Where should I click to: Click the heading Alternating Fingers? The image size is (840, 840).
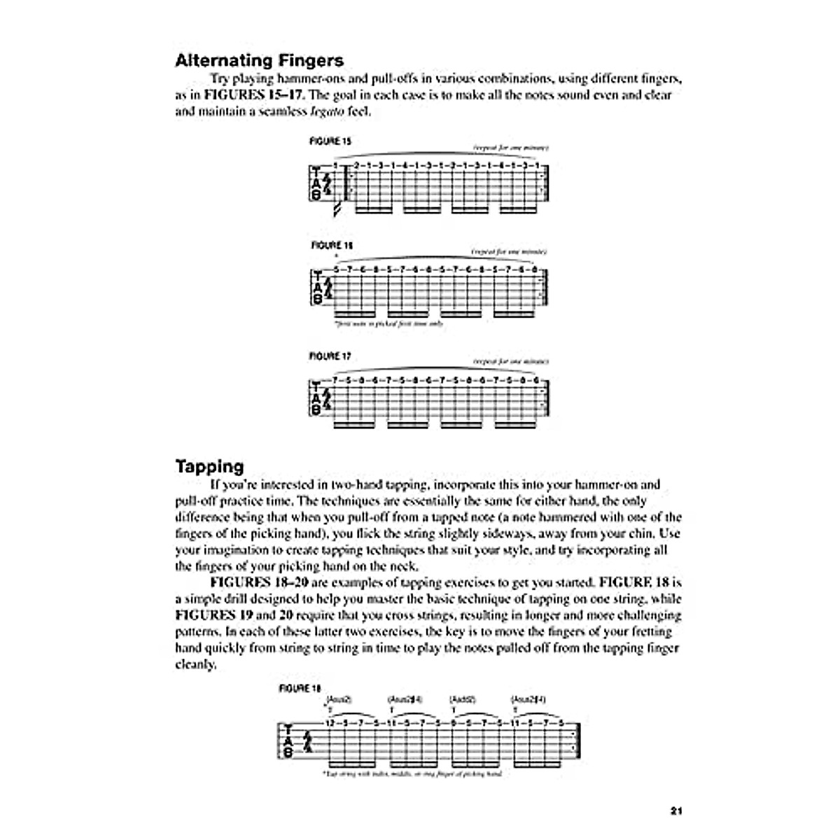tap(259, 60)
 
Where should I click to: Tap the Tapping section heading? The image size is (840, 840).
tap(209, 466)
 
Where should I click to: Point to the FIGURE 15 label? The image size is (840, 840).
tap(330, 141)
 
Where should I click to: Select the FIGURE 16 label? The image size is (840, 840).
tap(330, 246)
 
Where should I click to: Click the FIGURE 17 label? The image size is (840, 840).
tap(330, 356)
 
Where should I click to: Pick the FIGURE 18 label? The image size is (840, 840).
tap(300, 688)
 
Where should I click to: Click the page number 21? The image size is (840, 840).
tap(675, 811)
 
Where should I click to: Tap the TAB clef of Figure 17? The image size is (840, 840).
tap(316, 399)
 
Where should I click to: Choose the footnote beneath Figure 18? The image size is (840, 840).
tap(413, 774)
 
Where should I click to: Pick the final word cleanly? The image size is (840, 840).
tap(195, 664)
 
